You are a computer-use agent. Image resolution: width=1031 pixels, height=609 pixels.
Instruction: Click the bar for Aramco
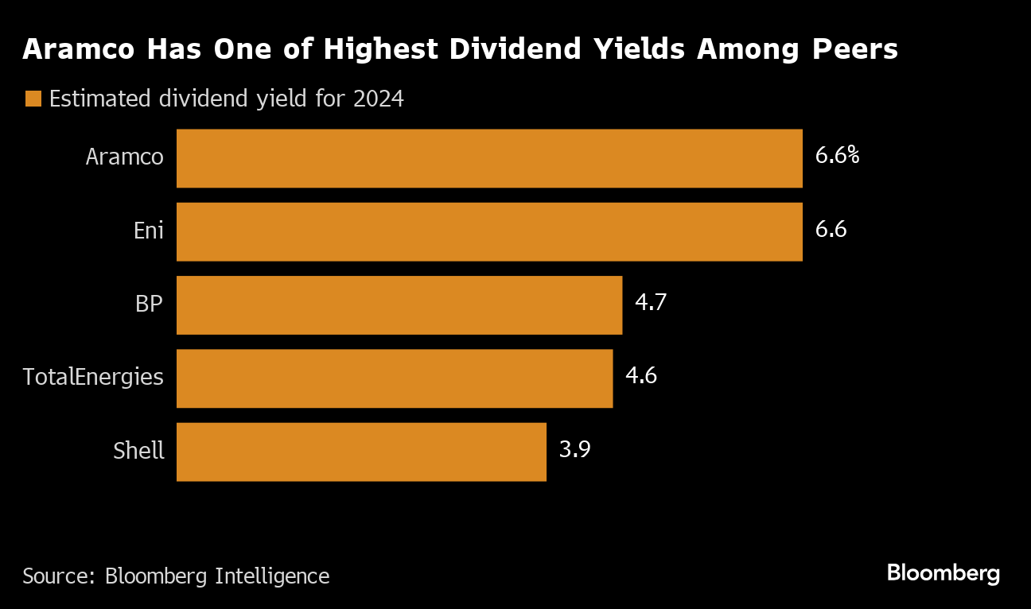tap(489, 158)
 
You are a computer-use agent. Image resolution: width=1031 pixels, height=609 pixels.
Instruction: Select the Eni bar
tap(489, 231)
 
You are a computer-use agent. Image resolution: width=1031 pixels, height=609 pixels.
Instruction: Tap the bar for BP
tap(399, 305)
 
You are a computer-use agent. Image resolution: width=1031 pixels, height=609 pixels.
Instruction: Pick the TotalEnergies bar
tap(394, 378)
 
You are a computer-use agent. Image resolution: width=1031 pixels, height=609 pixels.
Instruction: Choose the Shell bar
tap(361, 452)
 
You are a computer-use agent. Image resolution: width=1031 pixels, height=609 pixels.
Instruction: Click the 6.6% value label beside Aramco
tap(837, 156)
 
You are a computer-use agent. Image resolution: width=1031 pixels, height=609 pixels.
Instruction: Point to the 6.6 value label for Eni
tap(831, 230)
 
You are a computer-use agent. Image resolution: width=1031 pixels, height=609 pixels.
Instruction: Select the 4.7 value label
tap(650, 303)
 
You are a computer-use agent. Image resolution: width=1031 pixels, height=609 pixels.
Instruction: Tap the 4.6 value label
tap(640, 376)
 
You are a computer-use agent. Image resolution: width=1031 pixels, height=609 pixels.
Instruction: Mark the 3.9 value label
tap(574, 450)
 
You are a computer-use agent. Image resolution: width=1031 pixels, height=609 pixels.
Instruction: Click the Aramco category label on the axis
tap(124, 157)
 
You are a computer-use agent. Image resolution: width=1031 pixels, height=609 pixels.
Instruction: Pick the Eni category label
tap(148, 231)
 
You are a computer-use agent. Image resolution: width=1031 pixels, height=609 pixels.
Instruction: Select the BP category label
tap(150, 304)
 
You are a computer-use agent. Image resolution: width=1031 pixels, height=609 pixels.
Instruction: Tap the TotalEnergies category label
tap(93, 377)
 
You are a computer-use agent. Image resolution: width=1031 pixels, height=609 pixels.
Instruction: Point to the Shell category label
tap(138, 451)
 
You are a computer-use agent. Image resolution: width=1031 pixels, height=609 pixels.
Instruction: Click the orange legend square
tap(33, 99)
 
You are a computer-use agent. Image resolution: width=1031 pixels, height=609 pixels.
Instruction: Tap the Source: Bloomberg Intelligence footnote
tap(176, 576)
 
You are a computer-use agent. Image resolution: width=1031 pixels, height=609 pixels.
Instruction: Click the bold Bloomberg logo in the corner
tap(943, 573)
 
